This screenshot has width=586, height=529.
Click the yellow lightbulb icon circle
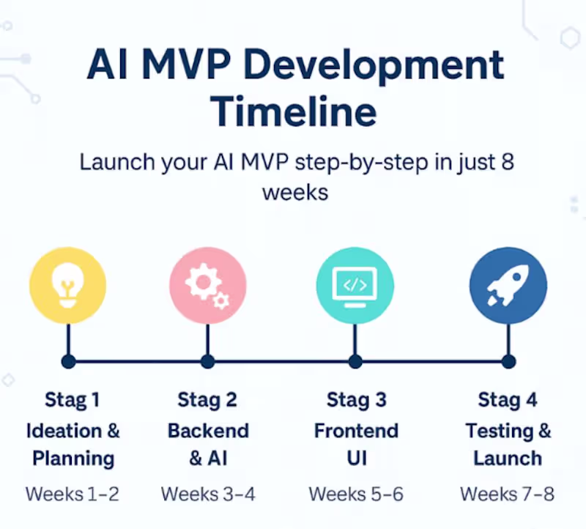point(67,286)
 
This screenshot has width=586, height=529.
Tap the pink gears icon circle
point(207,286)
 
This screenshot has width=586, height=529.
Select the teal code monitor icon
point(355,286)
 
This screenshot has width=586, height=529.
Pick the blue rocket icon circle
point(508,286)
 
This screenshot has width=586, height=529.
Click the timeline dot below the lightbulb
point(67,361)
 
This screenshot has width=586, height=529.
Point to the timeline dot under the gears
point(207,361)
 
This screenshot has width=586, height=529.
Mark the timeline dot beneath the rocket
point(508,361)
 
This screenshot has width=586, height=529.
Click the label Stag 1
point(72,400)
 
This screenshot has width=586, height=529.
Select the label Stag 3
point(356,400)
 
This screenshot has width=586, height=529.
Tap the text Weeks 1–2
point(72,494)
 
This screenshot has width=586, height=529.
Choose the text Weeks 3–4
point(208,494)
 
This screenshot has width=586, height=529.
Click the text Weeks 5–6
point(356,494)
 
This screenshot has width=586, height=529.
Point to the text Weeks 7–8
point(507,494)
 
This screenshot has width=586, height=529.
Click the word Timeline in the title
point(294,112)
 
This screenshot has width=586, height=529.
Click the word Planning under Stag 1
point(73,459)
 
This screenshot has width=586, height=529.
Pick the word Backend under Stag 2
point(208,430)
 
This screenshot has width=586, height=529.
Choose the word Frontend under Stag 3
point(356,430)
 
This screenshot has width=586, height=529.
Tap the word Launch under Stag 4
point(508,459)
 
